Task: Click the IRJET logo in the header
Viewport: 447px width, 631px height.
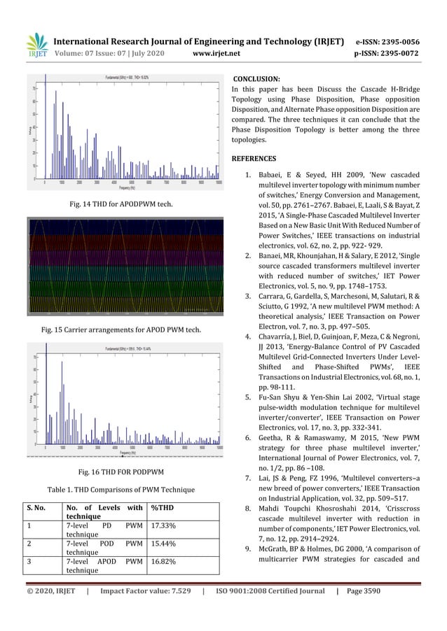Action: click(x=36, y=46)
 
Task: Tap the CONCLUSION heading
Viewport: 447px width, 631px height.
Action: click(x=256, y=80)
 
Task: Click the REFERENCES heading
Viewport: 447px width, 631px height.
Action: click(x=254, y=158)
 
